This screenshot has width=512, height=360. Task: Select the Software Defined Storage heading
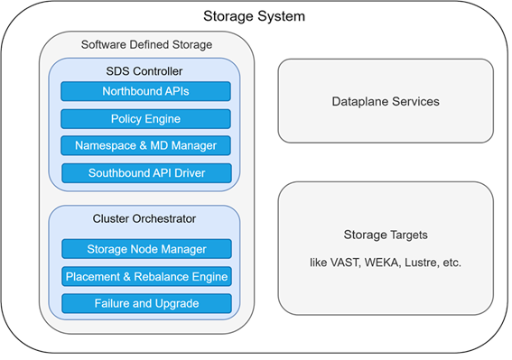pyautogui.click(x=146, y=44)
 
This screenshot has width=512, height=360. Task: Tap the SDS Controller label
pyautogui.click(x=145, y=71)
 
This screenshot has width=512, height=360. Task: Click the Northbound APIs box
pyautogui.click(x=145, y=91)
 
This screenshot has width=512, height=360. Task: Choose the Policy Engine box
pyautogui.click(x=145, y=118)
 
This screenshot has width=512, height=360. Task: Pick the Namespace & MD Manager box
pyautogui.click(x=145, y=145)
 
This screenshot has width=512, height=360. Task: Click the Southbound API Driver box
pyautogui.click(x=146, y=172)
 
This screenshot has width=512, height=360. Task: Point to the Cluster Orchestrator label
pyautogui.click(x=145, y=218)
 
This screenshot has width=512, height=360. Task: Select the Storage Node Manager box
pyautogui.click(x=146, y=249)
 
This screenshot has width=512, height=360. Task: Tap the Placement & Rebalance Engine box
pyautogui.click(x=146, y=276)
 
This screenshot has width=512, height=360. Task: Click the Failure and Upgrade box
pyautogui.click(x=146, y=303)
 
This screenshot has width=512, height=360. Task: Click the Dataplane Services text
pyautogui.click(x=386, y=101)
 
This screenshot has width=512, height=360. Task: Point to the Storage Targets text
pyautogui.click(x=386, y=235)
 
